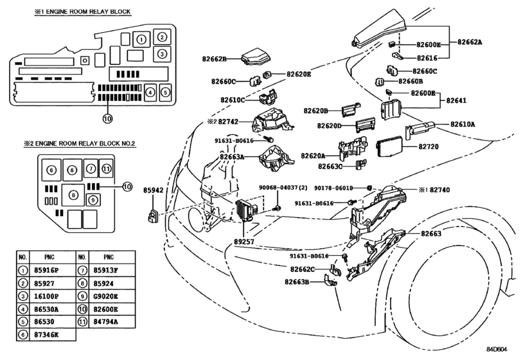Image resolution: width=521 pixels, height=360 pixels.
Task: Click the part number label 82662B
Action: (x=216, y=59)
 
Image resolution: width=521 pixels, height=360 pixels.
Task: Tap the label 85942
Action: (x=153, y=192)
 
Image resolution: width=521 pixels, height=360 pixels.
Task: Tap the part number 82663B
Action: (x=297, y=282)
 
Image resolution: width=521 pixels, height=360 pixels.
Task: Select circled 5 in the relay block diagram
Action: (x=164, y=93)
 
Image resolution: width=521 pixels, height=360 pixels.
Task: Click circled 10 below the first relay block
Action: (x=107, y=118)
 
